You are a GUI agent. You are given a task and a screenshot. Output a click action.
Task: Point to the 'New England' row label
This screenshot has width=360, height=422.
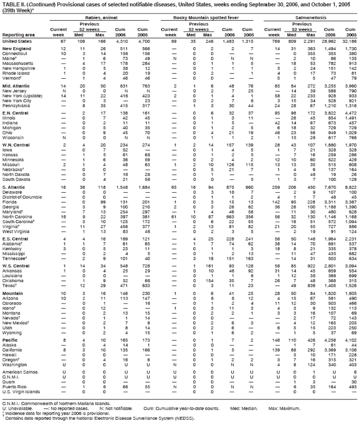(x=17, y=50)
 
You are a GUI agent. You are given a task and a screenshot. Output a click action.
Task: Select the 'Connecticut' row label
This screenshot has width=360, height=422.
(x=15, y=55)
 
